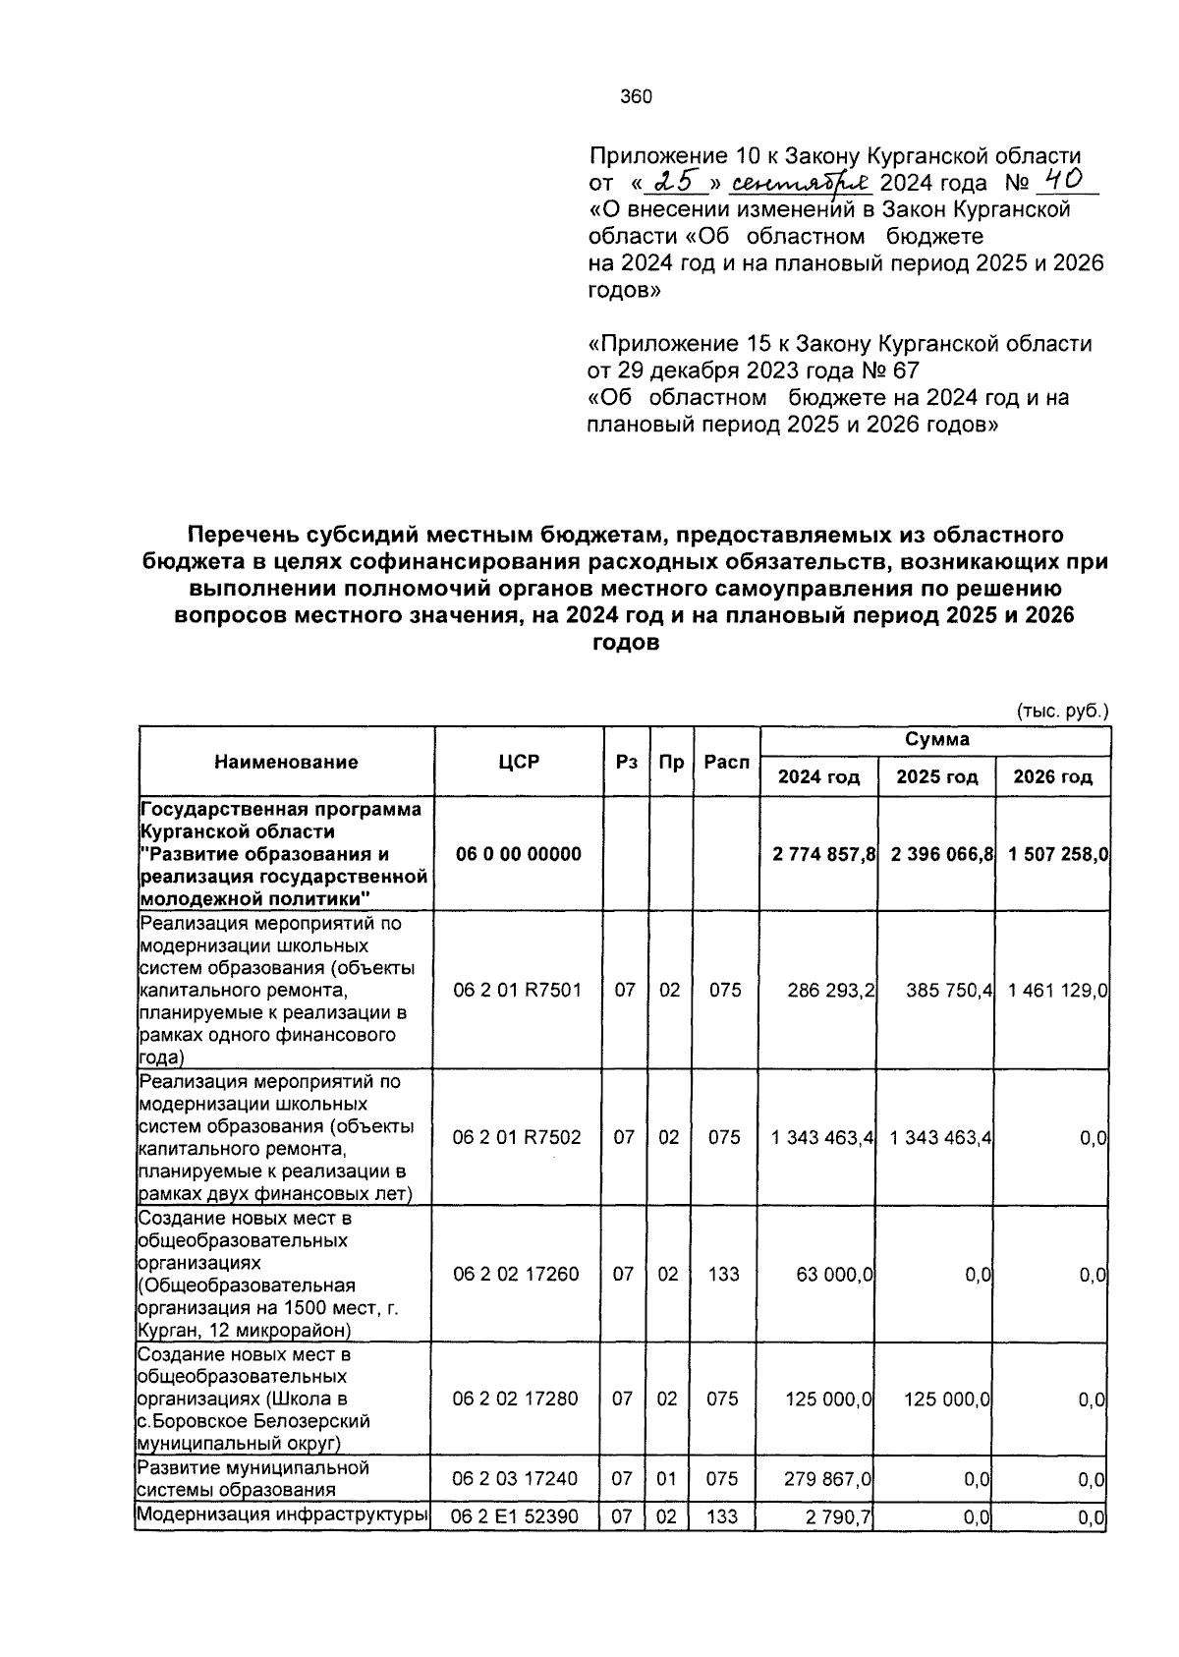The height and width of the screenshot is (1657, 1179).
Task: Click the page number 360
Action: tap(637, 96)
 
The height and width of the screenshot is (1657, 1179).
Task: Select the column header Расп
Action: tap(726, 762)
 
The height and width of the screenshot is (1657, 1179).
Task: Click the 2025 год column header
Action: tap(936, 776)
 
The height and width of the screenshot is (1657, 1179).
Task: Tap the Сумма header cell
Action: tap(936, 739)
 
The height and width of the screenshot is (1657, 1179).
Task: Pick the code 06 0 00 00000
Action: tap(518, 853)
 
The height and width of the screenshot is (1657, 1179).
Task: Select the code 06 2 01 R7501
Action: tap(518, 990)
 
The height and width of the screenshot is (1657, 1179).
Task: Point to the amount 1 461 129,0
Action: tap(1057, 990)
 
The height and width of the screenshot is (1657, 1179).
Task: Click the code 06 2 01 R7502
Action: tap(517, 1137)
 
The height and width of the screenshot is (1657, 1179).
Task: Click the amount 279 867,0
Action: tap(829, 1478)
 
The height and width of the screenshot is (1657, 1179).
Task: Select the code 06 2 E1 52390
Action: tap(514, 1516)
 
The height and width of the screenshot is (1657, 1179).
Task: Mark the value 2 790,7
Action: tap(838, 1517)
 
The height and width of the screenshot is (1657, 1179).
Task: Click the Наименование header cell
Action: tap(286, 762)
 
